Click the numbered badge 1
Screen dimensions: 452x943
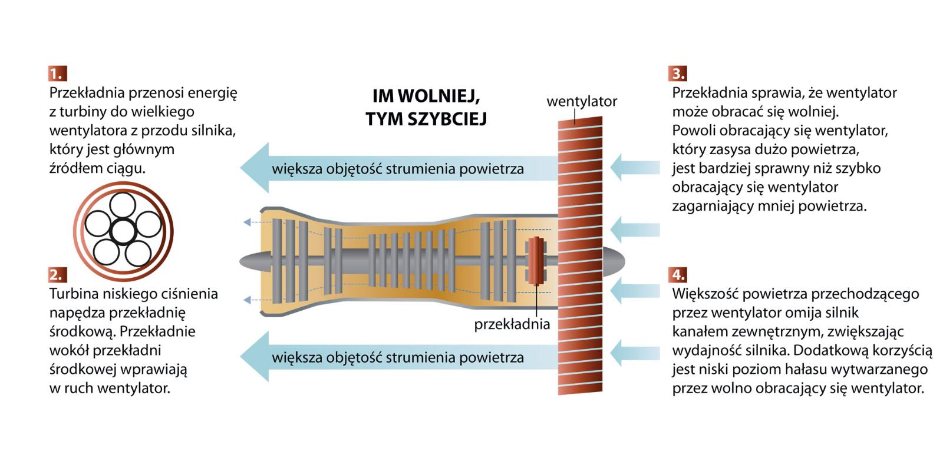point(58,74)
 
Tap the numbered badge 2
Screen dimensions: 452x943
point(58,275)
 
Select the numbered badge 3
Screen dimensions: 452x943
point(678,74)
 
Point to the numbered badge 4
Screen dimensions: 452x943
point(678,275)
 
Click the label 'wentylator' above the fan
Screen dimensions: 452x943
point(581,101)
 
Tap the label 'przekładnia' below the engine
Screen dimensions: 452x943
point(512,324)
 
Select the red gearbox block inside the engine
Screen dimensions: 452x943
point(536,261)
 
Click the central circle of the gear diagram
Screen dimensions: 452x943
point(123,231)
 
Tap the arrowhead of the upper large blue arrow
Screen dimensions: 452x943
point(255,168)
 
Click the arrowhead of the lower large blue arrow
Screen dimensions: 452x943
point(255,357)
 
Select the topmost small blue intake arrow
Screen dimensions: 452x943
point(634,167)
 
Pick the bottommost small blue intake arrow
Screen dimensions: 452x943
point(634,353)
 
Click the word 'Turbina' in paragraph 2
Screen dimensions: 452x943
point(73,294)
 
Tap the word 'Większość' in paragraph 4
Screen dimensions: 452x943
point(705,294)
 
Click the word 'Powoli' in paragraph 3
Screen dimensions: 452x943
point(691,130)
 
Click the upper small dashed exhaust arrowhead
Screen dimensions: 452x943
point(247,222)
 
